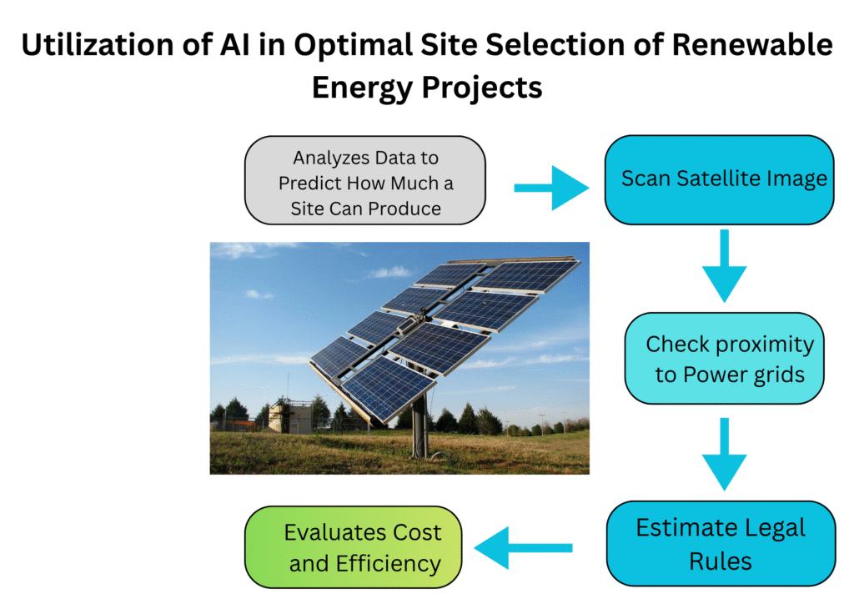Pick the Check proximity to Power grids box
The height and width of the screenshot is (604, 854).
724,359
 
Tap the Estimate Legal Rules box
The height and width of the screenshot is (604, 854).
721,544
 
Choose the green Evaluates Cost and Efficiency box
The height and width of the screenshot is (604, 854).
352,547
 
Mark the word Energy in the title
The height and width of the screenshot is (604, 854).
368,87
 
